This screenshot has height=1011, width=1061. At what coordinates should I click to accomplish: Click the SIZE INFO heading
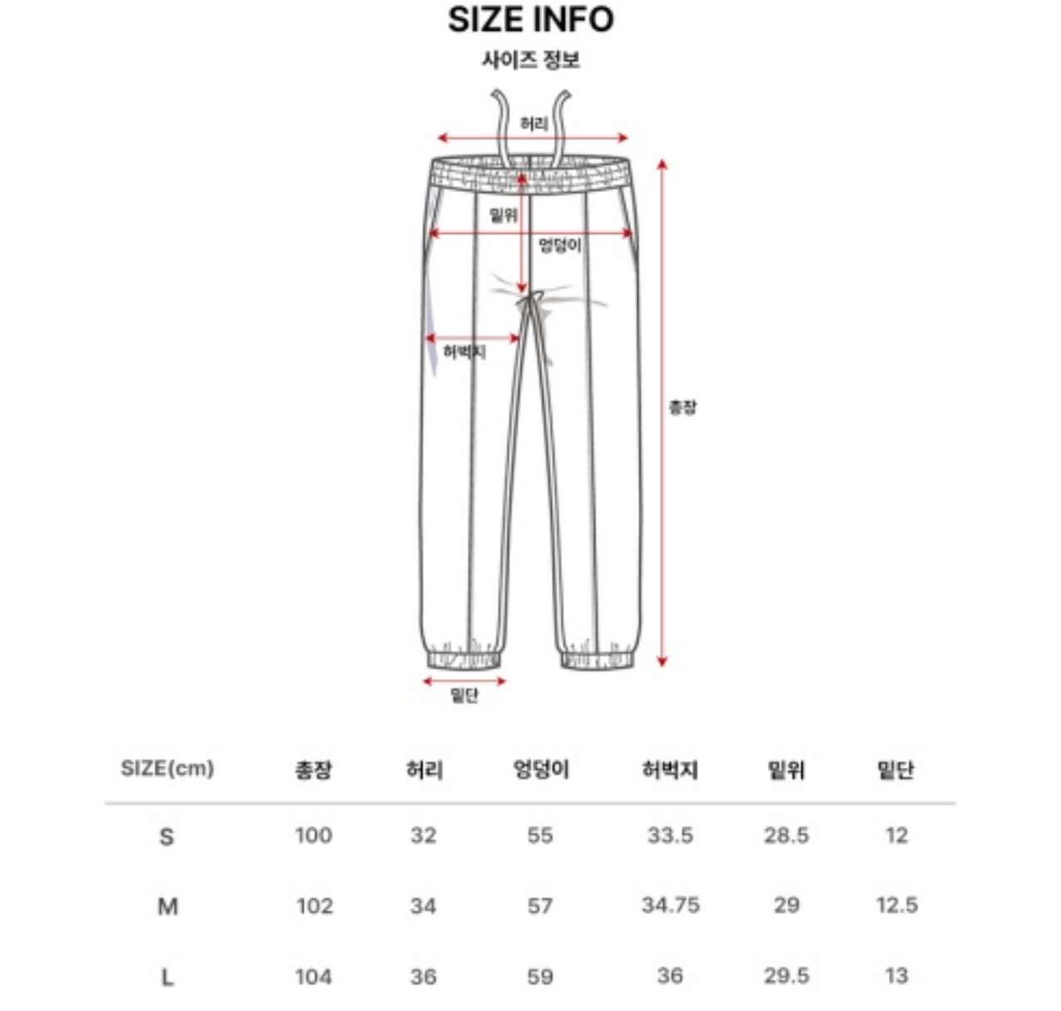tap(531, 20)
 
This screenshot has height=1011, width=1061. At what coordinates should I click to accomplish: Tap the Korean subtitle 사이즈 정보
tap(531, 59)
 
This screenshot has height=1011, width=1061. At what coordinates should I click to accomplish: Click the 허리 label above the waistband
tap(533, 124)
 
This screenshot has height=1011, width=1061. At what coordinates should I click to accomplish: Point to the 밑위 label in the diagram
tap(503, 216)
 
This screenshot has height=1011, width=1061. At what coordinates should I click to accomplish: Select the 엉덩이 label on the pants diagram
tap(560, 245)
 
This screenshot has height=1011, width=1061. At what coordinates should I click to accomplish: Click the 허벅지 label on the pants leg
tap(464, 352)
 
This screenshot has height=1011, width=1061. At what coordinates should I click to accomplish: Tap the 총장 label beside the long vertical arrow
tap(682, 406)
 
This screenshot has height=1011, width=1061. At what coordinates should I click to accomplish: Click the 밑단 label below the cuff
tap(464, 696)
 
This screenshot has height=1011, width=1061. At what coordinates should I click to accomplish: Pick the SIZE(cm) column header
tap(167, 769)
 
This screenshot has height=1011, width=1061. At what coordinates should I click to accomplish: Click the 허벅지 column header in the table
tap(670, 770)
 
